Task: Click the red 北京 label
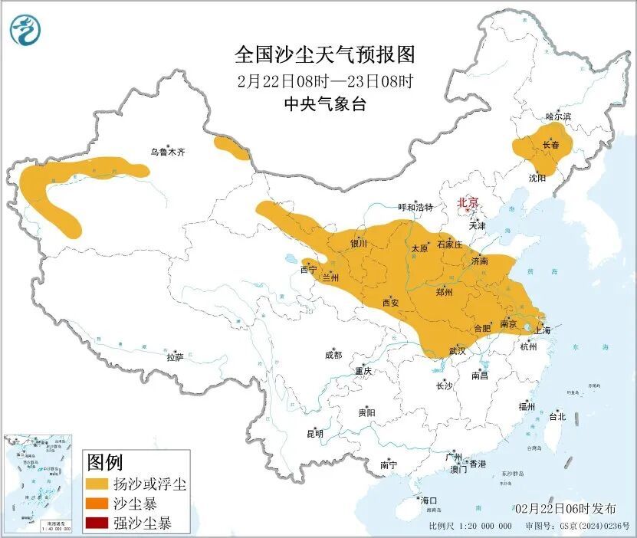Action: point(468,202)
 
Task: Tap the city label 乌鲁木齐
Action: point(167,153)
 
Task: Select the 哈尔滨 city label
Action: point(558,116)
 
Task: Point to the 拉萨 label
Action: point(175,356)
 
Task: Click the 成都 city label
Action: point(333,355)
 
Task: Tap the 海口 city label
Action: point(428,500)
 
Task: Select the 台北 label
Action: point(557,417)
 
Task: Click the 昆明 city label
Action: point(315,434)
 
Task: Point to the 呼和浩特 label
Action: point(415,208)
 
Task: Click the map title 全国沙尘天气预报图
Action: point(324,55)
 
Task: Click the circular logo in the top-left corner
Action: point(25,30)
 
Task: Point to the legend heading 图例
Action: point(104,462)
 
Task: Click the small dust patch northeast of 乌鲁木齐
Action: point(231,147)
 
